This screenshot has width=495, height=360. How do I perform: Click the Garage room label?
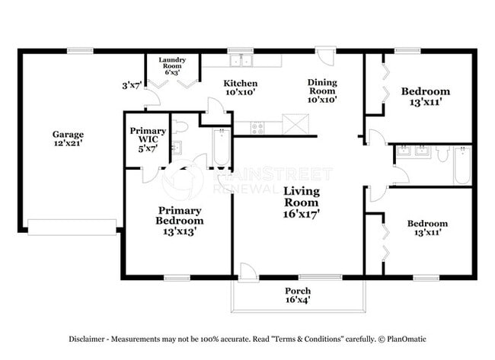click(68, 139)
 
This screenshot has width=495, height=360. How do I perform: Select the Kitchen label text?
click(240, 88)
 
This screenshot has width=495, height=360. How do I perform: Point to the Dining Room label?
click(322, 90)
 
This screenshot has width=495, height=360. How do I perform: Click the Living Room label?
click(302, 202)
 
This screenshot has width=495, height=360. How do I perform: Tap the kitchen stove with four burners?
click(257, 128)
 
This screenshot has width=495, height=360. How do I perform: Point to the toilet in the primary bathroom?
click(180, 126)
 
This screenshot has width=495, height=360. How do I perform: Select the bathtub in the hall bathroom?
click(462, 165)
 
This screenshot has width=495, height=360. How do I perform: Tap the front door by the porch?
click(247, 272)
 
